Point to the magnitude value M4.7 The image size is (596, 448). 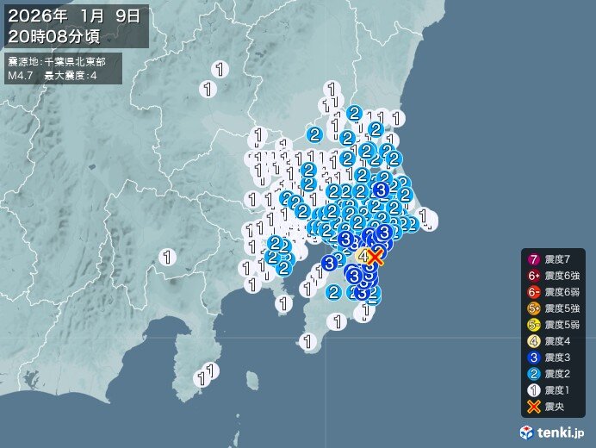20,76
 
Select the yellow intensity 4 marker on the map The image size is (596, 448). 363,255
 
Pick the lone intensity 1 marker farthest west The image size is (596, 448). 168,255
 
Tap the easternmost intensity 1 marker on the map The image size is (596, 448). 424,217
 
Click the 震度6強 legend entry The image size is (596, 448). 556,277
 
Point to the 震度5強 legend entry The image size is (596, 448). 556,309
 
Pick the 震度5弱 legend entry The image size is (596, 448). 556,326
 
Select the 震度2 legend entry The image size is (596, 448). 556,375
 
